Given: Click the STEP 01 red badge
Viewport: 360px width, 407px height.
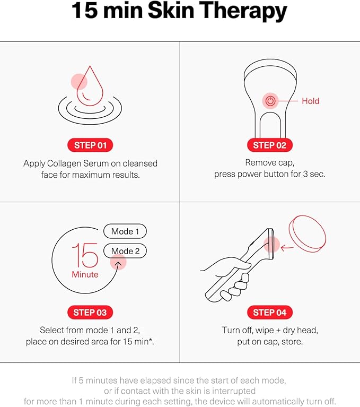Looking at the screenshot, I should point(90,145).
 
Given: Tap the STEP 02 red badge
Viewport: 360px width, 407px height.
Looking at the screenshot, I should point(270,145).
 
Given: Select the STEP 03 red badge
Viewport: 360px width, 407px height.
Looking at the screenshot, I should point(90,313).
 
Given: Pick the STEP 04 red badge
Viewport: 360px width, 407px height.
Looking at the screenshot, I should point(270,313).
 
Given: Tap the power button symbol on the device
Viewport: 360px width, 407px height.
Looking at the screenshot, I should point(270,101).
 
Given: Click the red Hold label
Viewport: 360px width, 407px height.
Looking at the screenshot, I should point(310,101).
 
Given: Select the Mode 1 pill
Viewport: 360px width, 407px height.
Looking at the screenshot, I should point(125,231).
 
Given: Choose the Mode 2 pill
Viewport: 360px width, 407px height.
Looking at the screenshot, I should point(125,251).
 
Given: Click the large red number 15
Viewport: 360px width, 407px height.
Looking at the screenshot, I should point(85,256).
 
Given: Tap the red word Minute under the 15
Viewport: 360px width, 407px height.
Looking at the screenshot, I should point(85,274).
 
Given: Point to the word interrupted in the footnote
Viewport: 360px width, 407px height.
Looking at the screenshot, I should point(234,391).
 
